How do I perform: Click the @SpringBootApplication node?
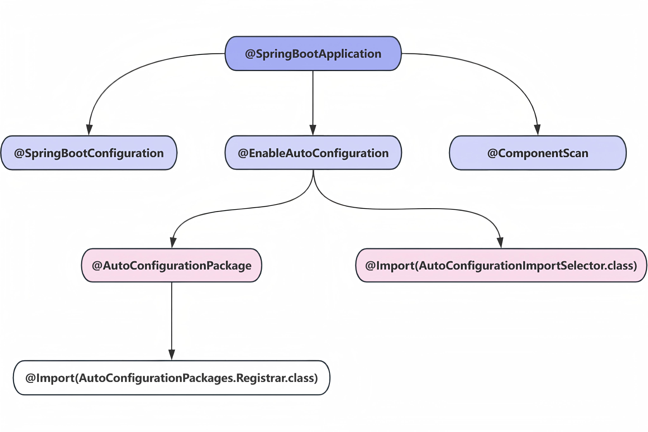(313, 53)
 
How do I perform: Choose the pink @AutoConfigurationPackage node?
(171, 265)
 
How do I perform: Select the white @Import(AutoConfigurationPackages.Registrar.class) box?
(171, 378)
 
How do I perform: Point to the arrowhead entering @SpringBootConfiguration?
(89, 130)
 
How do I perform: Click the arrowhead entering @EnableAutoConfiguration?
(313, 130)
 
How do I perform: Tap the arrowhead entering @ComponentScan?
(537, 130)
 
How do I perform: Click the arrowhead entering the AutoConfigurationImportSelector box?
(500, 242)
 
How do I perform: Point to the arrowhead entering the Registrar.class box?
(172, 355)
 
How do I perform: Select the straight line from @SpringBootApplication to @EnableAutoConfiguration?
(313, 98)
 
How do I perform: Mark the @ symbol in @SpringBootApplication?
(250, 54)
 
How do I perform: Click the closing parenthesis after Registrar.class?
(316, 378)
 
